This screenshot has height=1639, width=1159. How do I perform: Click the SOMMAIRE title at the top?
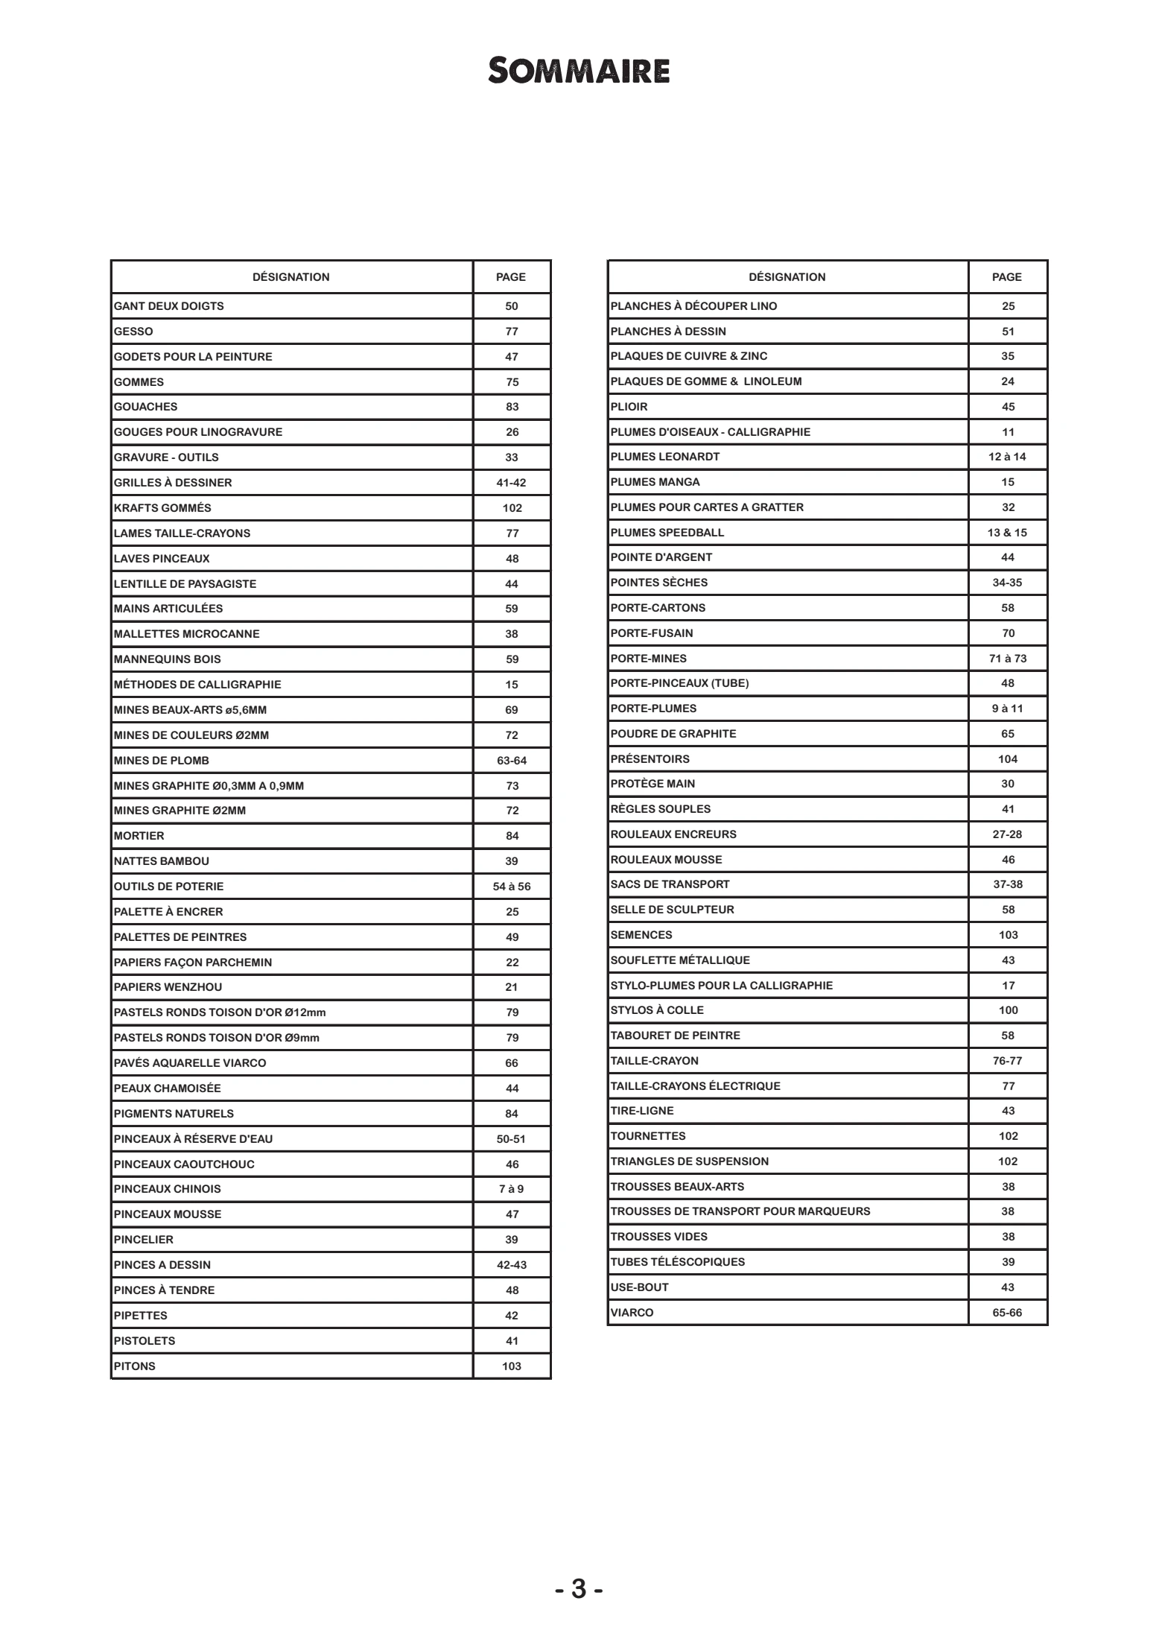pos(579,72)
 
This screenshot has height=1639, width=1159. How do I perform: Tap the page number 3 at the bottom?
pos(579,1589)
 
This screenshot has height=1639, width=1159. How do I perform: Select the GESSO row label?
pos(133,332)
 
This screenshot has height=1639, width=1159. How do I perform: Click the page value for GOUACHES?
pos(512,407)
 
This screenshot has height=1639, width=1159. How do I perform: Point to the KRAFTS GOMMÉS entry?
pos(162,508)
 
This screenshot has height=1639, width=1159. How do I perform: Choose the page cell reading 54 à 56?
pos(512,887)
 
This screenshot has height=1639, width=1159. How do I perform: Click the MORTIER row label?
pos(139,836)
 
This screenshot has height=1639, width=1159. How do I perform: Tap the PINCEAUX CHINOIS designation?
pos(168,1189)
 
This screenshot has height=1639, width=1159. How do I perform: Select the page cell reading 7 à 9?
pos(512,1189)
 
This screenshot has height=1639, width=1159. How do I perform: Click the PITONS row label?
pos(135,1366)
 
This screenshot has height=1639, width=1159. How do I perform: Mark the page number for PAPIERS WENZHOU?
pos(512,987)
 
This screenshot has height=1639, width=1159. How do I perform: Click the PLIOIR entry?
pos(629,407)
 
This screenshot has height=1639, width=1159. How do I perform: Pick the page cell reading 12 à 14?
pos(1007,457)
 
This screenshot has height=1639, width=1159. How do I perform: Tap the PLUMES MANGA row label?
pos(655,482)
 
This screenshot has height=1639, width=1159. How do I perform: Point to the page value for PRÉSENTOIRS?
pos(1008,759)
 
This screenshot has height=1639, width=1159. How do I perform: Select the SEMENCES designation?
pos(641,935)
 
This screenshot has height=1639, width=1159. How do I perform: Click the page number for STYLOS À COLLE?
pos(1008,1010)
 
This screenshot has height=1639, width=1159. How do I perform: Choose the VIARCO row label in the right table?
pos(632,1313)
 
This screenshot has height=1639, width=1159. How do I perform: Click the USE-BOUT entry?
pos(640,1287)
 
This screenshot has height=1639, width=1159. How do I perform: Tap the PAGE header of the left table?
pos(511,277)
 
